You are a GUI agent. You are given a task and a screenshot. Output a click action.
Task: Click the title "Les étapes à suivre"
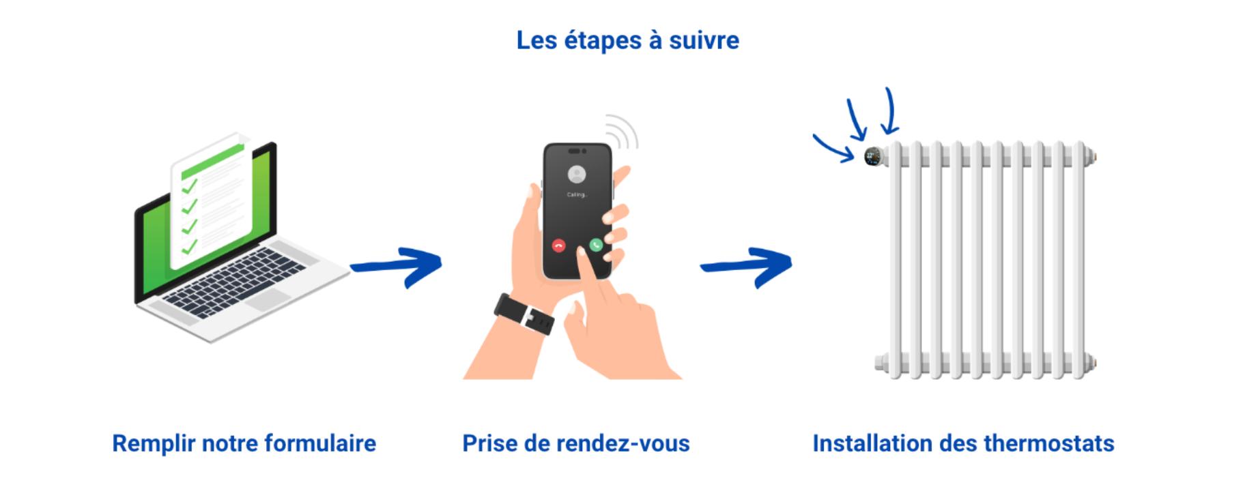[627, 40]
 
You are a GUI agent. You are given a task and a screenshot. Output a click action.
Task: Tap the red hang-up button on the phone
[559, 245]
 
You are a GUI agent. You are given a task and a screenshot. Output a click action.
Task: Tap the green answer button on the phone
[596, 245]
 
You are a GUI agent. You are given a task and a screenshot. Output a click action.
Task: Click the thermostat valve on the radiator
[873, 156]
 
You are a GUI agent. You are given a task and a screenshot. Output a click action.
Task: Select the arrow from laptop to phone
[396, 266]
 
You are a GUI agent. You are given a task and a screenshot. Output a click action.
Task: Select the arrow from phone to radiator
[746, 266]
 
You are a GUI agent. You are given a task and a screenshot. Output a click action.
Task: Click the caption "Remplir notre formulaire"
[244, 443]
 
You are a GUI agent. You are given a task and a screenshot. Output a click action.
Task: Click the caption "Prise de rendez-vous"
[576, 443]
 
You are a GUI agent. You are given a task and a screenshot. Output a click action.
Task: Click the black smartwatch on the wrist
[524, 314]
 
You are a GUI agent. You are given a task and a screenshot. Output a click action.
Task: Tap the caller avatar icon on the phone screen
[577, 175]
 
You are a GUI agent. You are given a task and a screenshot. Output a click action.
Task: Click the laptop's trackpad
[268, 299]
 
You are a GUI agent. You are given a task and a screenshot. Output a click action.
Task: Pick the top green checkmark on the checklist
[189, 185]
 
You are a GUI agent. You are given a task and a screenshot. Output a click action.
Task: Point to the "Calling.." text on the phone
[577, 195]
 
